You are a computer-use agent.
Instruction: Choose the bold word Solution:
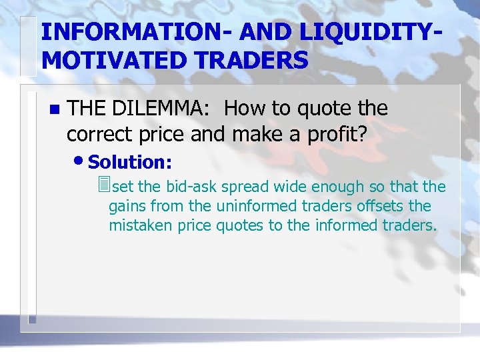[130, 162]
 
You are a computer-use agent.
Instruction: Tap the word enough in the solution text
[320, 187]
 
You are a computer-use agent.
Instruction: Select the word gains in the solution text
[125, 207]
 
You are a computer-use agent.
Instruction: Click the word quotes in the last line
[241, 225]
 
